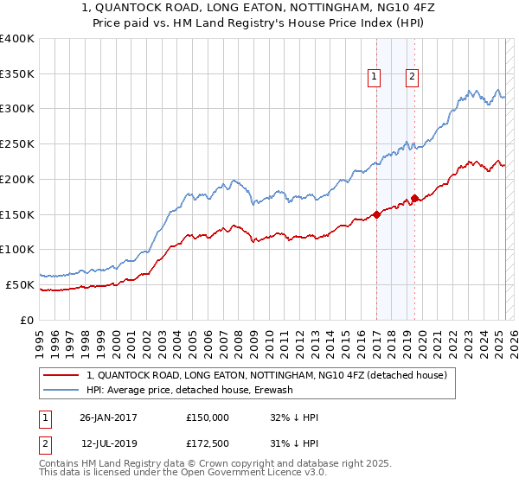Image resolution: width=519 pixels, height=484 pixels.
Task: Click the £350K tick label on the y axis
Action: pyautogui.click(x=18, y=74)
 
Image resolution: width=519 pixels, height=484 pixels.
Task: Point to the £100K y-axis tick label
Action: pyautogui.click(x=18, y=249)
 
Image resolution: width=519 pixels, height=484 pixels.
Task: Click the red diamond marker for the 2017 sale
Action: pyautogui.click(x=377, y=214)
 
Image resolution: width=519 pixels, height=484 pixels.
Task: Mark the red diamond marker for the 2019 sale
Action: pyautogui.click(x=414, y=199)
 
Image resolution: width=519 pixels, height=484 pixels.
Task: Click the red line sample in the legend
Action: pyautogui.click(x=61, y=375)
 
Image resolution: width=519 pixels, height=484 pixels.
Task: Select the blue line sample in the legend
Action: pyautogui.click(x=61, y=390)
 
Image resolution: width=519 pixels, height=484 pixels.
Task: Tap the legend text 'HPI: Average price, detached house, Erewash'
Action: pyautogui.click(x=190, y=390)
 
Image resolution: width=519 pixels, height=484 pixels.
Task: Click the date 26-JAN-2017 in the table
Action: pyautogui.click(x=108, y=417)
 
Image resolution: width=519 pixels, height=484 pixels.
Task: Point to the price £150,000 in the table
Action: pyautogui.click(x=208, y=417)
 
